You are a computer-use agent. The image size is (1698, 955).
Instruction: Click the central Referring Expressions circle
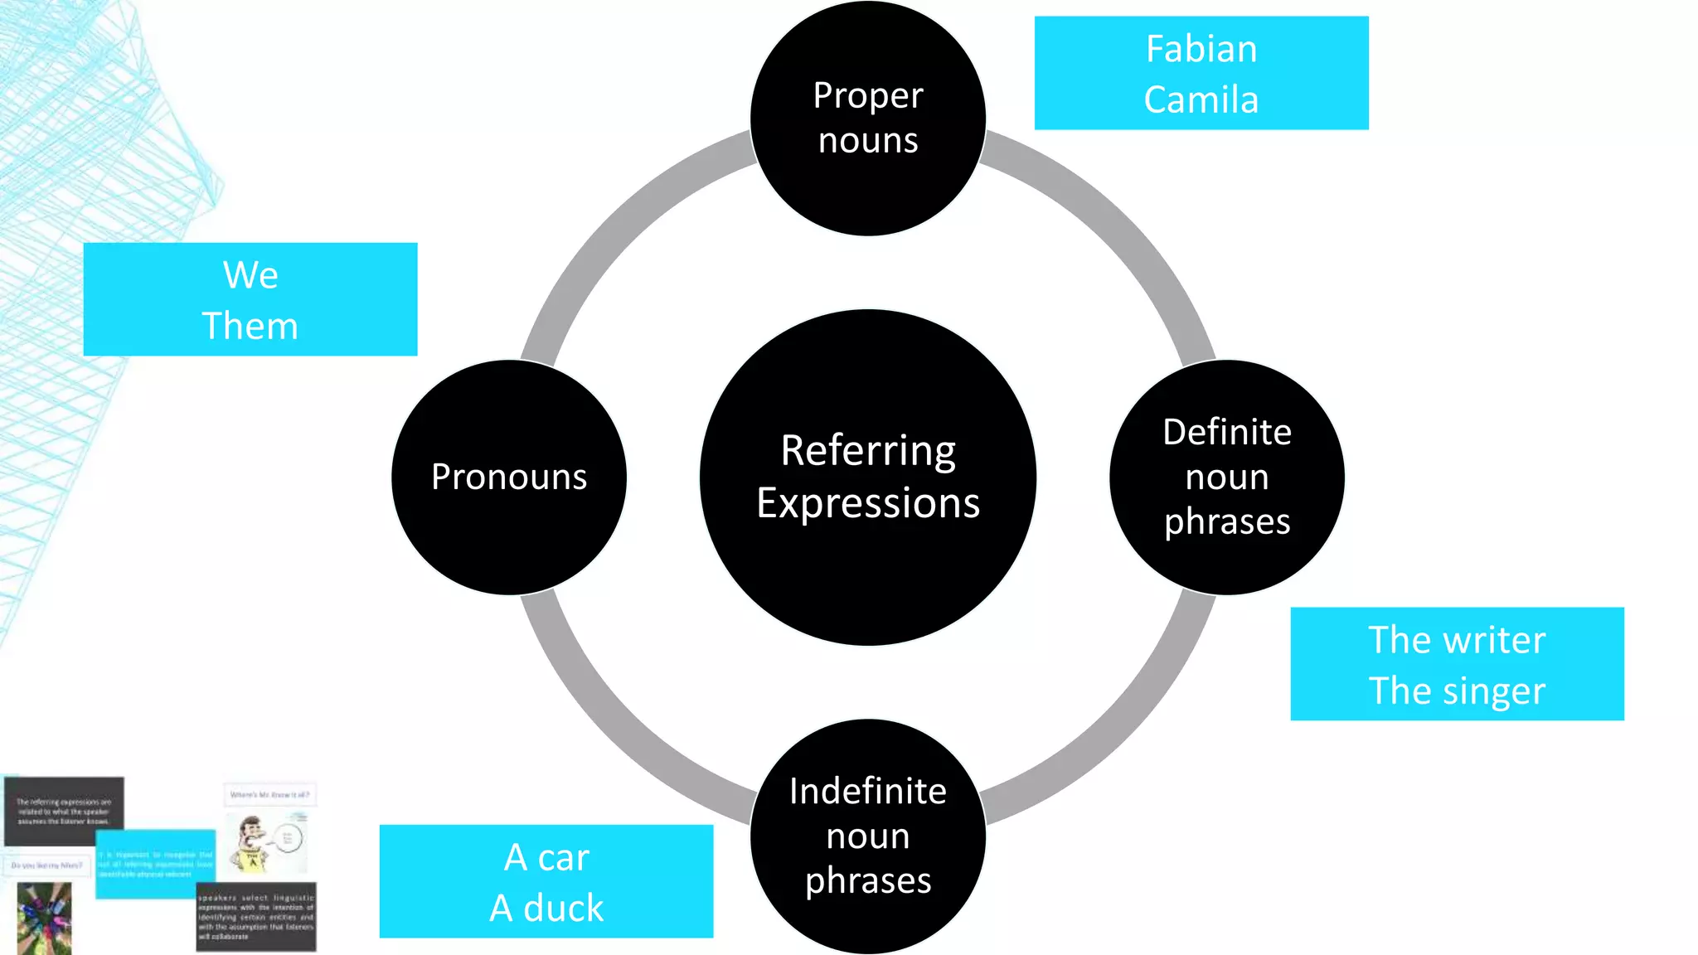(868, 477)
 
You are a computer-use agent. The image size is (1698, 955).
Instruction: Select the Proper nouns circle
(868, 118)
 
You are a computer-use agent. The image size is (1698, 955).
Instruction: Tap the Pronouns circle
(509, 477)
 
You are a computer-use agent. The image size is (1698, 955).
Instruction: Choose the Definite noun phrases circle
(1227, 477)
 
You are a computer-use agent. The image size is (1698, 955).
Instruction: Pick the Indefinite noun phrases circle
(868, 836)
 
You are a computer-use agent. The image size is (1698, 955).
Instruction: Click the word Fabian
(1201, 49)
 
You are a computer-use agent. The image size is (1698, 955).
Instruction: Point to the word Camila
(1201, 100)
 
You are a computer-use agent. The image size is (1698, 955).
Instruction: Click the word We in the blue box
(250, 275)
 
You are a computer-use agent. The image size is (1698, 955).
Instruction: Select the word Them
(250, 326)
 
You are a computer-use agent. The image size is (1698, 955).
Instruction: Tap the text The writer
(1457, 640)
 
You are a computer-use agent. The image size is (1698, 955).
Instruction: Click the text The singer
(1457, 691)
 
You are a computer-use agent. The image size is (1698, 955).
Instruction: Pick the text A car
(546, 857)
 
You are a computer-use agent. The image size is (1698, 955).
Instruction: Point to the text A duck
(546, 909)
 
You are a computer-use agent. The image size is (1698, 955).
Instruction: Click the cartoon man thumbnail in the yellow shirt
(257, 844)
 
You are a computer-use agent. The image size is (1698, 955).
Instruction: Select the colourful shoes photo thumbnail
(44, 919)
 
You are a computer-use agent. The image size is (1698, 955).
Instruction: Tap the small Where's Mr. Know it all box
(269, 795)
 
